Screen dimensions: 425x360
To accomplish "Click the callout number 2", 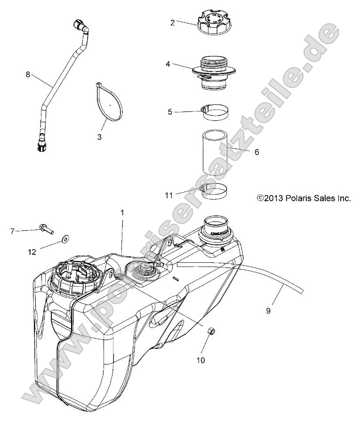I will click(x=173, y=22).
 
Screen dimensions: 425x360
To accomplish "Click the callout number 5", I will click(x=170, y=112).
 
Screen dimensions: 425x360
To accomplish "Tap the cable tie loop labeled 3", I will click(x=108, y=103).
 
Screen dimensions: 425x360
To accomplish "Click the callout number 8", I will click(x=28, y=74).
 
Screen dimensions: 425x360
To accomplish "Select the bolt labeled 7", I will click(x=45, y=229).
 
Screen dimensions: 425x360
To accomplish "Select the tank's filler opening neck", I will click(x=217, y=227).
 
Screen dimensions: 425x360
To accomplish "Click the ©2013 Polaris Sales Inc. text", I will click(x=304, y=198).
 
